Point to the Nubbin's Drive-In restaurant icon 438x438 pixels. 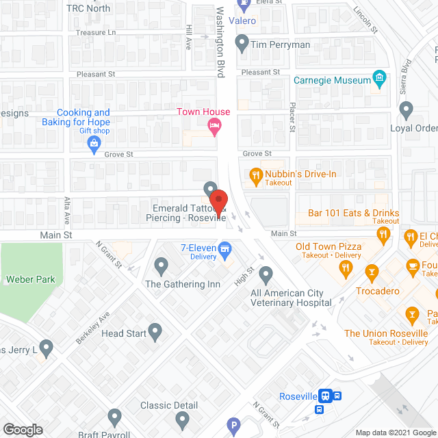coord(256,175)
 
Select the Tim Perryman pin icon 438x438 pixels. coord(241,44)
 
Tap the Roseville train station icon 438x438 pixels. coord(327,396)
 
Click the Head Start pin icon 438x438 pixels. coord(155,332)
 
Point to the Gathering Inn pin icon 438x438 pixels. coord(162,264)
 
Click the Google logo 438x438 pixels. coord(22,430)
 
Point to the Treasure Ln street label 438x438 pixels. coord(96,32)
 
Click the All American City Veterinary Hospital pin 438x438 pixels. coord(266,274)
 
